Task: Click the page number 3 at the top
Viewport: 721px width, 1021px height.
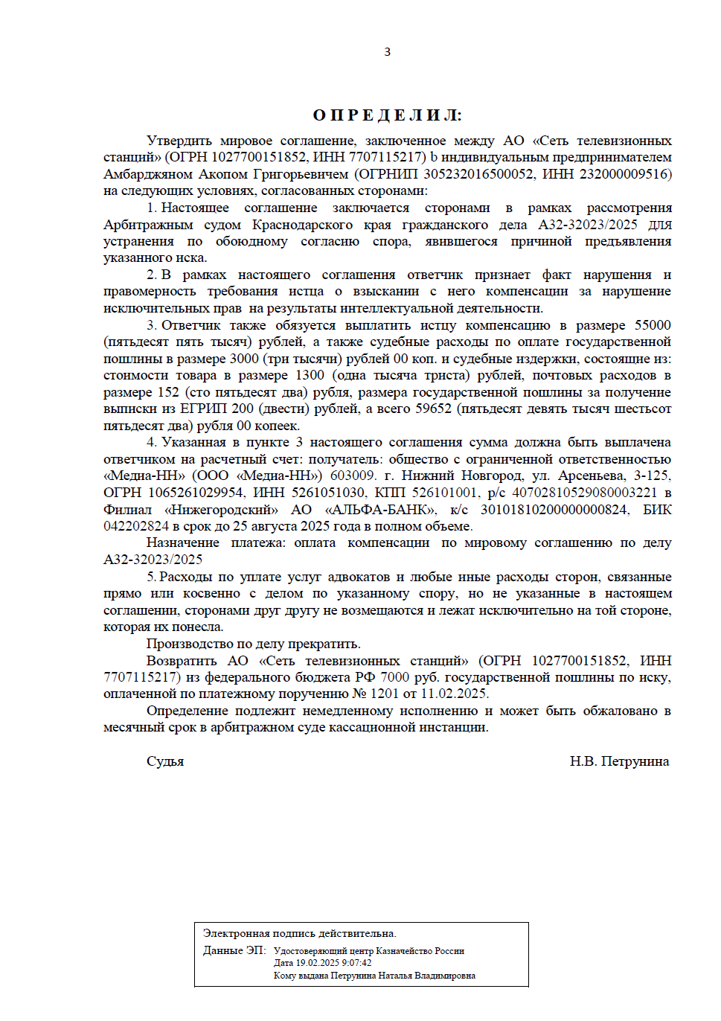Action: pyautogui.click(x=387, y=51)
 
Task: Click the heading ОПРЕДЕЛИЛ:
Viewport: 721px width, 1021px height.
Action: pyautogui.click(x=387, y=115)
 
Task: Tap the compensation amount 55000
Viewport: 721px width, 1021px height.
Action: pyautogui.click(x=653, y=325)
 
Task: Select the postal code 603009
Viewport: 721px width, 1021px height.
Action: pyautogui.click(x=353, y=476)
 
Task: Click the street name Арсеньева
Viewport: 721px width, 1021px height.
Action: pyautogui.click(x=591, y=476)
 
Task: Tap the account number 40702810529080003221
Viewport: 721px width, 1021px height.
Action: pyautogui.click(x=584, y=493)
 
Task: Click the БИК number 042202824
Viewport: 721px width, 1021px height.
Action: pyautogui.click(x=136, y=526)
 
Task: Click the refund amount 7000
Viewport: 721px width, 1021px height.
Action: pyautogui.click(x=394, y=677)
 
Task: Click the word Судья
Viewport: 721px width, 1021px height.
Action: pyautogui.click(x=165, y=761)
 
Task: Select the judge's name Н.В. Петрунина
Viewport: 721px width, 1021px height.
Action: pyautogui.click(x=619, y=761)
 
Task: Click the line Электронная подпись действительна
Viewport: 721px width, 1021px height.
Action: pyautogui.click(x=299, y=933)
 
